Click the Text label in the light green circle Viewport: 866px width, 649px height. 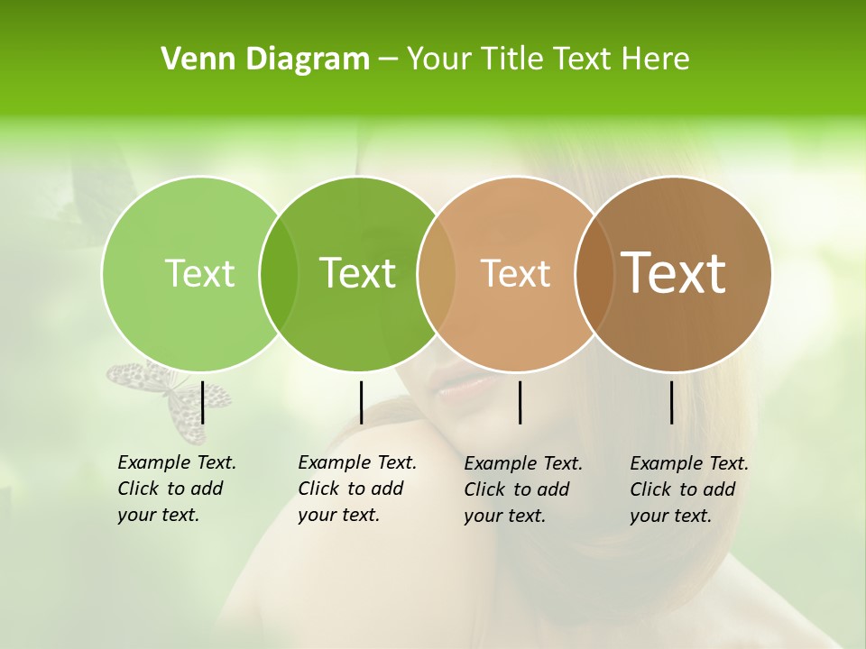tap(199, 273)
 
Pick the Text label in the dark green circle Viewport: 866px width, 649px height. tap(357, 273)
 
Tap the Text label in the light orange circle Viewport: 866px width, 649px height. tap(515, 273)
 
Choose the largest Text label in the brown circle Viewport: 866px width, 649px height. tap(673, 273)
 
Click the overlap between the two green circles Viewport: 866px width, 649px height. tap(279, 273)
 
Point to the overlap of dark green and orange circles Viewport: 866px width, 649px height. tap(437, 273)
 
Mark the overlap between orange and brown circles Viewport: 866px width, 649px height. tap(594, 273)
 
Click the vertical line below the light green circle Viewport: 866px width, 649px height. tap(203, 402)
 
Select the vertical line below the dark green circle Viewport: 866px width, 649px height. tap(361, 402)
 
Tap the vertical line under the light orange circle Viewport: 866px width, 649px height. tap(520, 402)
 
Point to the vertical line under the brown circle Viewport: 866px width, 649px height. tap(672, 402)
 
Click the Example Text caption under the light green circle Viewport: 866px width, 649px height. tap(176, 489)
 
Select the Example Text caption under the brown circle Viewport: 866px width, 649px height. tap(688, 489)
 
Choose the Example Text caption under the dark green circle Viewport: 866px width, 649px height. tap(356, 489)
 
